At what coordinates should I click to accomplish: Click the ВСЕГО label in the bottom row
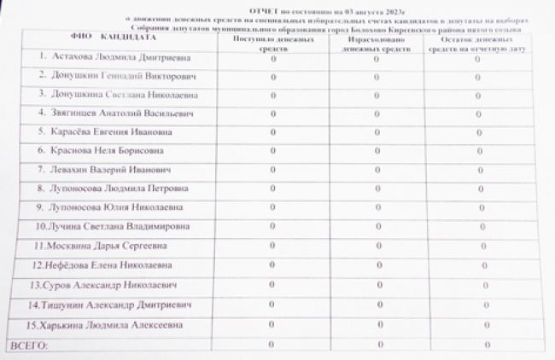pyautogui.click(x=28, y=345)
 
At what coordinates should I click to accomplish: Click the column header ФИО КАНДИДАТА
pyautogui.click(x=100, y=39)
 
